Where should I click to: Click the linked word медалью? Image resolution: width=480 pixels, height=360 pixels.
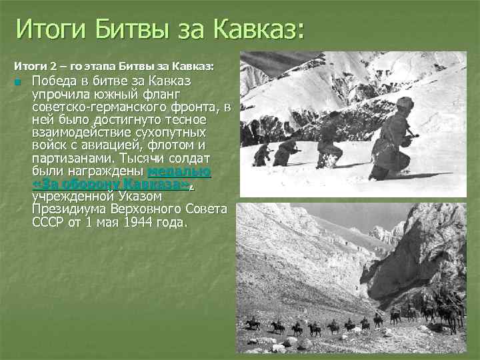click(179, 171)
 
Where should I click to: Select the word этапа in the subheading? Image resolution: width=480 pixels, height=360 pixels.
click(99, 67)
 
